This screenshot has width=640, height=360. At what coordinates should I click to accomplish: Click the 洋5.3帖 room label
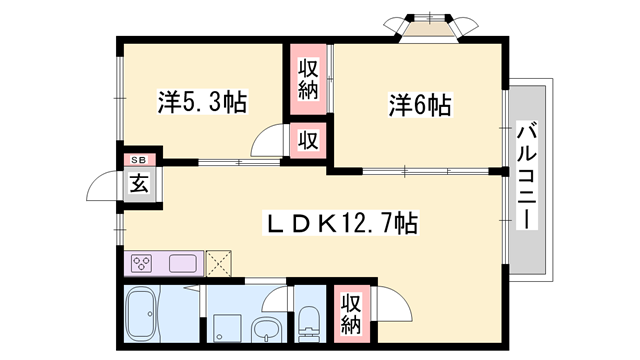point(202,102)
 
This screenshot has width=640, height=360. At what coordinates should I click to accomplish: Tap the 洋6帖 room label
point(418,103)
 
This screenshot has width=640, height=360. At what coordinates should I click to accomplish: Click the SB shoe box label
point(138,160)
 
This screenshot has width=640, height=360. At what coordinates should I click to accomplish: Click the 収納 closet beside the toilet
point(350,313)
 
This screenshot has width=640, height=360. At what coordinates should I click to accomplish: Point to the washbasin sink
point(265,327)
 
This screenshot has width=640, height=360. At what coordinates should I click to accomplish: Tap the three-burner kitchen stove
point(142,264)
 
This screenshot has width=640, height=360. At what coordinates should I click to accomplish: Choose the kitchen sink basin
point(183,264)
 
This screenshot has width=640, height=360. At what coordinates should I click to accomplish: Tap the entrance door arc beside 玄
point(103,187)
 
